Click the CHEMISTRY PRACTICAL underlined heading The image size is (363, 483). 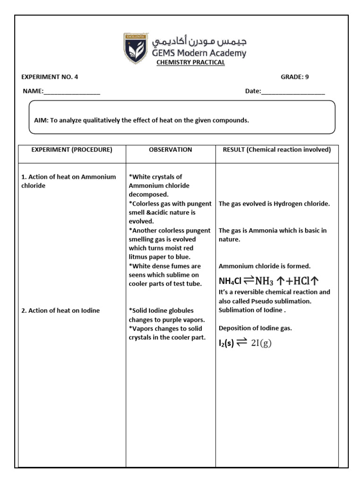[x=190, y=63]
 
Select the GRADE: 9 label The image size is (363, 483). [x=294, y=77]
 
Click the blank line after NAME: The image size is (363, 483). [x=72, y=92]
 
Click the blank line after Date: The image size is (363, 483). [x=293, y=92]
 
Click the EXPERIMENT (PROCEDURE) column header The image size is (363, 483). [x=72, y=150]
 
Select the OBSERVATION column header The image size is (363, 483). [x=170, y=150]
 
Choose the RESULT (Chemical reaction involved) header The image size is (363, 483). [x=277, y=150]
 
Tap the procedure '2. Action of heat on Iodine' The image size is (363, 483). [x=60, y=310]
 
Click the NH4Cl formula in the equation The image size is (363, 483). [x=230, y=282]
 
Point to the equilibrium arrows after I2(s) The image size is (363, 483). [x=242, y=343]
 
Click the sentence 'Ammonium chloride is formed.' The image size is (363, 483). [x=264, y=266]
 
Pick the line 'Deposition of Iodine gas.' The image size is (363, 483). [x=255, y=328]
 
